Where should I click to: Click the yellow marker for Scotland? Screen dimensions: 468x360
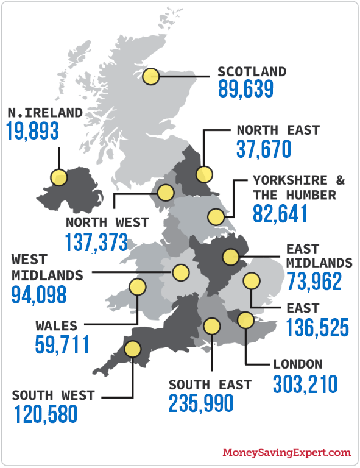click(152, 77)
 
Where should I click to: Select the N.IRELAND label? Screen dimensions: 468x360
click(45, 113)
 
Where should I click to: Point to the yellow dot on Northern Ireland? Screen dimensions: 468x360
click(59, 177)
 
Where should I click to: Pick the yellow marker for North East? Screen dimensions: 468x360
click(204, 174)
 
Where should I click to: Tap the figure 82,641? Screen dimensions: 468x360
click(280, 213)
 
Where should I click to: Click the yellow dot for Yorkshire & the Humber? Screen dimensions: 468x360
click(215, 216)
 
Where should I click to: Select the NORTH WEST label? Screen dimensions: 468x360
click(107, 222)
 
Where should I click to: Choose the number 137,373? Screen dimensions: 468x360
click(96, 242)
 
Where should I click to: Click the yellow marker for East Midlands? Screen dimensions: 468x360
click(231, 257)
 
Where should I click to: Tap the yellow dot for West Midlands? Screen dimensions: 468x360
click(180, 272)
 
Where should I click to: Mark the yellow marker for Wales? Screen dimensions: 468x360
click(138, 286)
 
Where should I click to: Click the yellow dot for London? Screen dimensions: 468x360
click(245, 320)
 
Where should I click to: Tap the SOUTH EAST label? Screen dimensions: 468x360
click(210, 385)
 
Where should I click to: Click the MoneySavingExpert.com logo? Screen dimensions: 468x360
click(287, 453)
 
